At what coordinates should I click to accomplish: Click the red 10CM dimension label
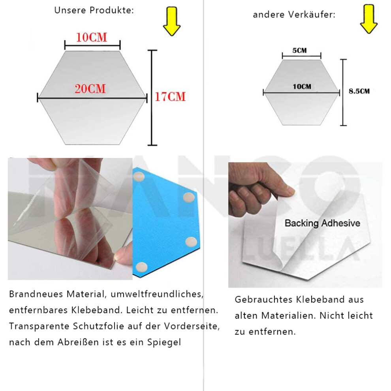(x=92, y=38)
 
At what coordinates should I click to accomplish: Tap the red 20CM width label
(x=90, y=89)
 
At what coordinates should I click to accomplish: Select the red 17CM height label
(x=170, y=97)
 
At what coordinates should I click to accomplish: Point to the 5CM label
(x=299, y=51)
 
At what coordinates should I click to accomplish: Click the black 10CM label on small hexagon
(x=302, y=87)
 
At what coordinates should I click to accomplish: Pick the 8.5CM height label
(x=359, y=91)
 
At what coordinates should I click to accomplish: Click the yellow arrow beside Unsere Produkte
(x=172, y=21)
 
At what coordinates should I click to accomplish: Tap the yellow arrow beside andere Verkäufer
(x=369, y=19)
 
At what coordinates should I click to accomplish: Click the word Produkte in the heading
(x=112, y=10)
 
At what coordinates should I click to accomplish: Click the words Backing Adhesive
(x=322, y=223)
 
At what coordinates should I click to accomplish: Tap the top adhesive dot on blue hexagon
(x=139, y=177)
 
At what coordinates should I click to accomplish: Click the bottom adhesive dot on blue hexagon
(x=141, y=267)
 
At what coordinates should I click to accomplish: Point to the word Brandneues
(x=36, y=294)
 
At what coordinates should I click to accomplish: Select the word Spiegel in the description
(x=164, y=342)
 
